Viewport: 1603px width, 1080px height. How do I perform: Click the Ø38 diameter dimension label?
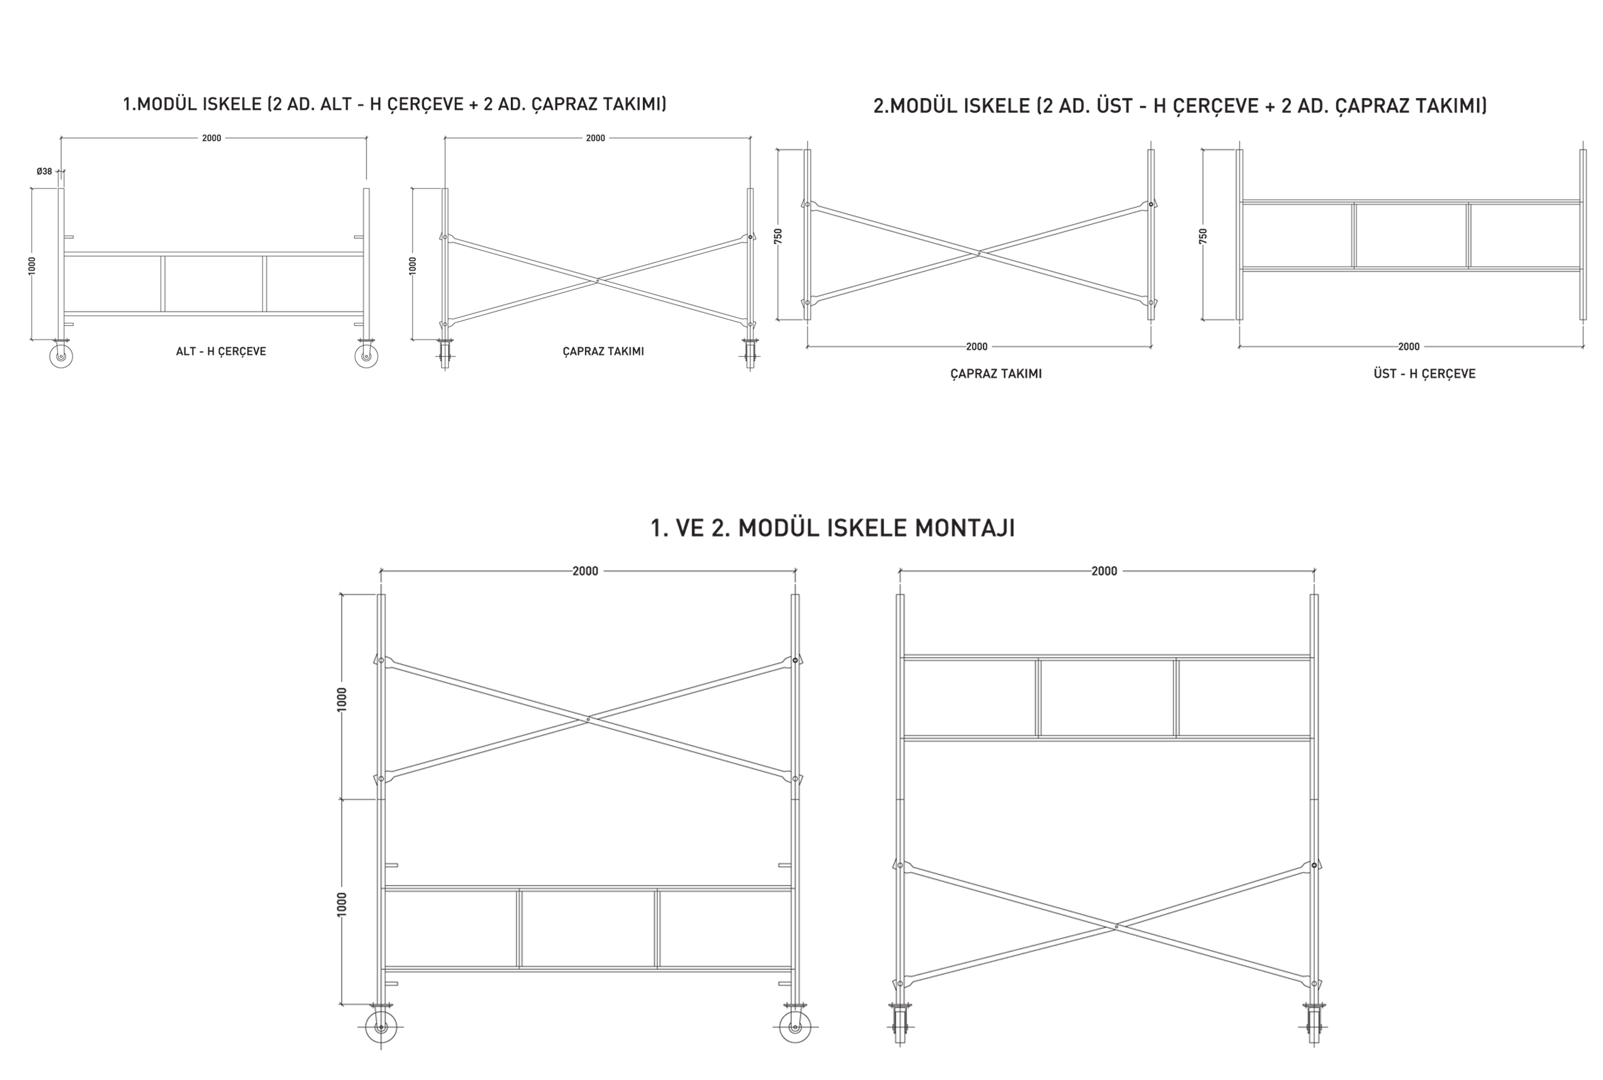point(44,172)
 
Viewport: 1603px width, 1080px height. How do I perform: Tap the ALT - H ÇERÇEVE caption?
point(221,351)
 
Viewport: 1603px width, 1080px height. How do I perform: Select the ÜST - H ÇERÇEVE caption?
point(1425,374)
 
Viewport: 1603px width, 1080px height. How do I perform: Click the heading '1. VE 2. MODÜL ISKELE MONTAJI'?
point(832,528)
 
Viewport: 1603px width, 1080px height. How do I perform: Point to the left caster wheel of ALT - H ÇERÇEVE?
point(61,356)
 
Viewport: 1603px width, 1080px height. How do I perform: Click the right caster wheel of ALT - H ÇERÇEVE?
point(367,356)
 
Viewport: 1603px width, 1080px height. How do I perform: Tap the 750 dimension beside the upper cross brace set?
point(778,236)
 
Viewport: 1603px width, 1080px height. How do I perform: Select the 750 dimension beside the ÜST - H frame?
point(1203,236)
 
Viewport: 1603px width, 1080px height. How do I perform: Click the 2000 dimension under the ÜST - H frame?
point(1409,346)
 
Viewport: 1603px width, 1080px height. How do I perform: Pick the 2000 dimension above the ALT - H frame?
point(212,138)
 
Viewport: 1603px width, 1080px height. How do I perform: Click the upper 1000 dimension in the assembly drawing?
point(342,699)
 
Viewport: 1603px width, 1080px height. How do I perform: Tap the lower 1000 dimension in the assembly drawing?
point(342,904)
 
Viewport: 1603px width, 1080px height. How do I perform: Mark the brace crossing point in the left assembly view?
point(588,720)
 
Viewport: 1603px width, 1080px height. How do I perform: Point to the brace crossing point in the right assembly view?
point(1116,926)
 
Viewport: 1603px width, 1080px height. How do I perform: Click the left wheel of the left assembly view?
point(381,1028)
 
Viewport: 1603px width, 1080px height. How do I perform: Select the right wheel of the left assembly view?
point(795,1028)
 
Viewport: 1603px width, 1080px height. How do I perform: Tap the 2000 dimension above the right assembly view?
point(1104,571)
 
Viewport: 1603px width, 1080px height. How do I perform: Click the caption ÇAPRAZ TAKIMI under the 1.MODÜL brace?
point(603,351)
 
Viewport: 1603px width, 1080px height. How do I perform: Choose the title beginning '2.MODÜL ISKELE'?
point(1180,106)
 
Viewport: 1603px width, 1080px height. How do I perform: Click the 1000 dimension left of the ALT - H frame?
point(32,265)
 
